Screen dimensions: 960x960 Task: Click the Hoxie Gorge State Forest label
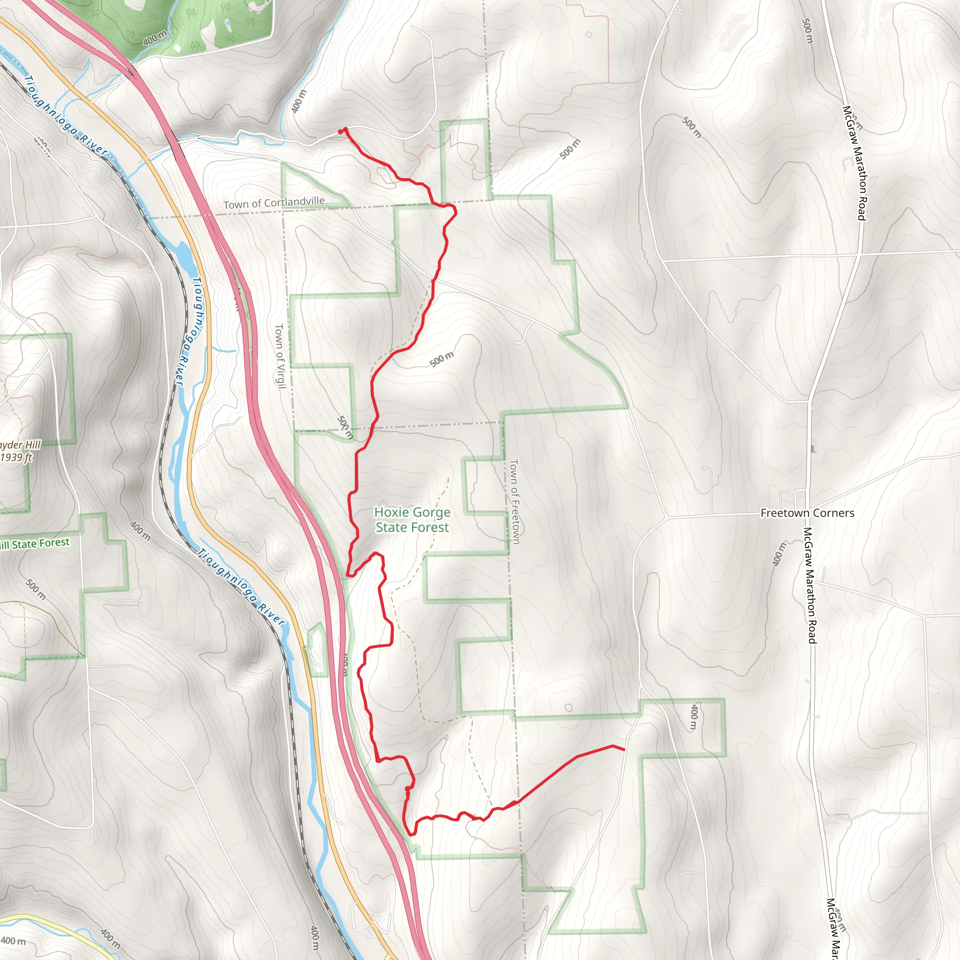[412, 519]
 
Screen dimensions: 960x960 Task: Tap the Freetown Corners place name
[807, 513]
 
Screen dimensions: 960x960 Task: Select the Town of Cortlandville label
[274, 202]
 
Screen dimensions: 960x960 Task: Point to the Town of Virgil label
[280, 356]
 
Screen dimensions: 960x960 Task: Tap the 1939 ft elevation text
[16, 457]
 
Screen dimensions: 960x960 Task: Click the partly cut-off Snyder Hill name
[20, 445]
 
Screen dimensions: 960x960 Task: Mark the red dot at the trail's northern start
[340, 132]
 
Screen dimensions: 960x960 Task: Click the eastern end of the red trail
[623, 750]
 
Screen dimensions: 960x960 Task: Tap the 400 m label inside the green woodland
[155, 38]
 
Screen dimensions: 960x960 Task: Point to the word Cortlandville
[294, 202]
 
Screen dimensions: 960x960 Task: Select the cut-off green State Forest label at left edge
[35, 544]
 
